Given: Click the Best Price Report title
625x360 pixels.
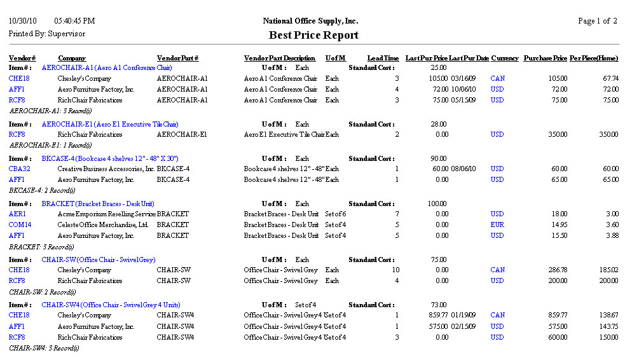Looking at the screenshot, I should tap(313, 35).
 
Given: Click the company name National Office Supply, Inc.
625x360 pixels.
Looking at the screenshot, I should tap(313, 21).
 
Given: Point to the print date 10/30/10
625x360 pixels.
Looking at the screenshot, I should tap(22, 21).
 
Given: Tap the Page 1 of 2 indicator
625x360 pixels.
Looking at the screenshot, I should tap(597, 21).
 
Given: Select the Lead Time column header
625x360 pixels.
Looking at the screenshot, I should tap(383, 59).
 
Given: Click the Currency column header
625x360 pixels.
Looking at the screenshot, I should tap(505, 59).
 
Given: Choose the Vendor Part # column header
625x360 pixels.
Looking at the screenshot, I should tap(177, 59).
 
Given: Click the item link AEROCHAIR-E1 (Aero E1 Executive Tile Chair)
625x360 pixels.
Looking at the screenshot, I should tap(110, 124).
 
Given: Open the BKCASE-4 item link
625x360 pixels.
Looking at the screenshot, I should tap(110, 158).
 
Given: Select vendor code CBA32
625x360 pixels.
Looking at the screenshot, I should tap(20, 169).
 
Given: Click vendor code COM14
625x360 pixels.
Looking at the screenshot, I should tap(20, 225).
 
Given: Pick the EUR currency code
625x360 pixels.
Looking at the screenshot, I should tap(497, 225).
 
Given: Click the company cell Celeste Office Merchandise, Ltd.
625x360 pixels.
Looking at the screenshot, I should tap(103, 225).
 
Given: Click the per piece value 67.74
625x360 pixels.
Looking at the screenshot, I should tap(610, 78).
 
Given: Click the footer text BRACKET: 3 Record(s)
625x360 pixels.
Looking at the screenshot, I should tap(41, 246).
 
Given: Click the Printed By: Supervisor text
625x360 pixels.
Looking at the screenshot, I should tap(46, 34).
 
